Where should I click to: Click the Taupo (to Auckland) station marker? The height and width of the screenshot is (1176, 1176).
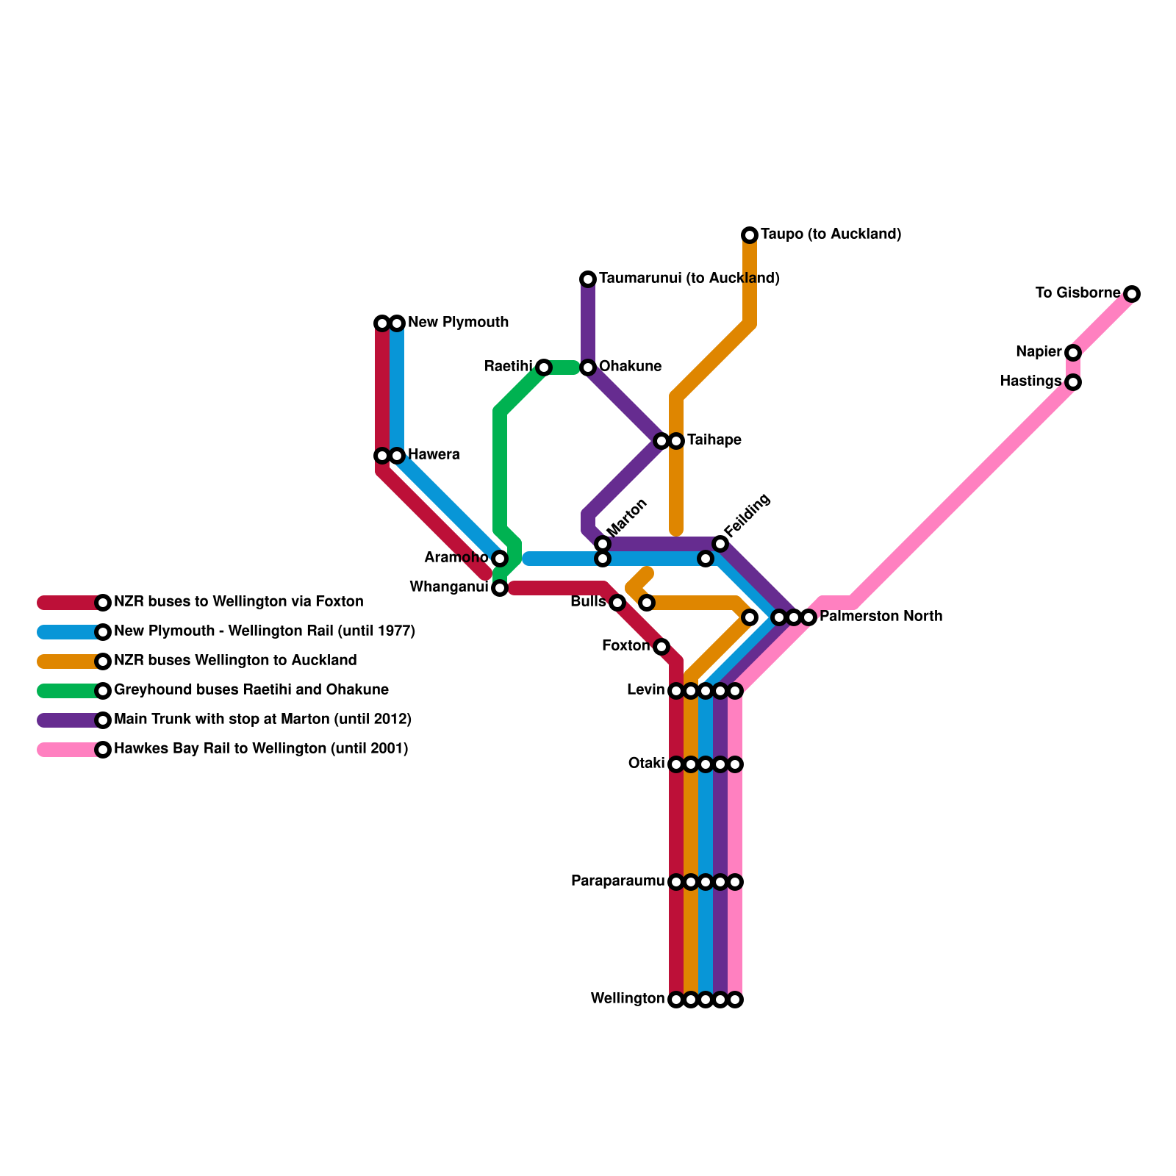point(750,235)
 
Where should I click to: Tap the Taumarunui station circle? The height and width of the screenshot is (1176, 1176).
point(588,279)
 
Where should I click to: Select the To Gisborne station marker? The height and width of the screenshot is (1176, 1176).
point(1132,294)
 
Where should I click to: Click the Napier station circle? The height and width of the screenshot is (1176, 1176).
point(1073,353)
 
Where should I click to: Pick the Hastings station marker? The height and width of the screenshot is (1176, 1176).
point(1073,382)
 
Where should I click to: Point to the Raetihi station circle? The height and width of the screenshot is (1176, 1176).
point(544,367)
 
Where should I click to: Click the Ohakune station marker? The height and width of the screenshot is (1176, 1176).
point(588,367)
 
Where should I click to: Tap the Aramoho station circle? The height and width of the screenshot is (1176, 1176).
point(500,559)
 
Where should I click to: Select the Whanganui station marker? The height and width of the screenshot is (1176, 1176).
point(500,588)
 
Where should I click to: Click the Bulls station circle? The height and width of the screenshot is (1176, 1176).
point(617,603)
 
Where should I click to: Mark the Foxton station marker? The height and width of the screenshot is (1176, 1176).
point(661,647)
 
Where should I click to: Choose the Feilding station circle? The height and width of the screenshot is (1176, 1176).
point(720,544)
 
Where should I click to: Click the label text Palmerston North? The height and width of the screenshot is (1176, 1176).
point(881,617)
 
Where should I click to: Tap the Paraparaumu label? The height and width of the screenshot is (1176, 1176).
point(617,881)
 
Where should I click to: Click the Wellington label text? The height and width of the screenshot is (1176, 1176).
point(627,999)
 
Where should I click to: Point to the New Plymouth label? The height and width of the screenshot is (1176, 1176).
point(458,323)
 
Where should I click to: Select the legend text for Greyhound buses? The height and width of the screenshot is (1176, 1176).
point(251,690)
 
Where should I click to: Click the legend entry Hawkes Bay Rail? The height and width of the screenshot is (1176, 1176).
point(261,749)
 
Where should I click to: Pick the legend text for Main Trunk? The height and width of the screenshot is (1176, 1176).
point(262,720)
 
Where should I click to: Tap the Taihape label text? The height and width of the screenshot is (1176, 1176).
point(714,440)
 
